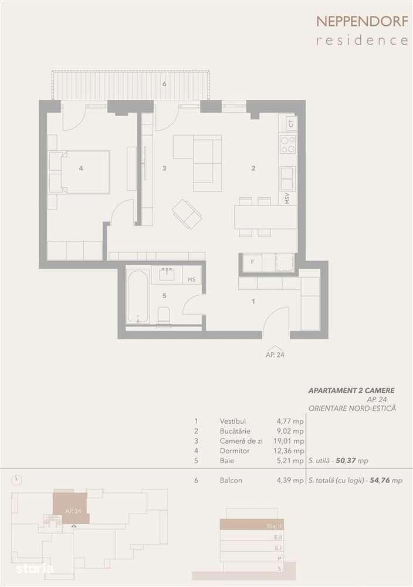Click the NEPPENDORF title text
point(362,22)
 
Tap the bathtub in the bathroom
point(138,296)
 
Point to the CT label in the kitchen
point(290,124)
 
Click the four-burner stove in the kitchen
point(287,144)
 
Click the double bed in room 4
point(80,171)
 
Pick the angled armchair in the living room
point(187,214)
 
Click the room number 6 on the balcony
point(164,84)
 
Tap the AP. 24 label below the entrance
point(276,355)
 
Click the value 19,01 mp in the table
point(290,441)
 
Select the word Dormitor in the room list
point(235,451)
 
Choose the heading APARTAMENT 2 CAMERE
point(351,390)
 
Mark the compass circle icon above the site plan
point(18,480)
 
